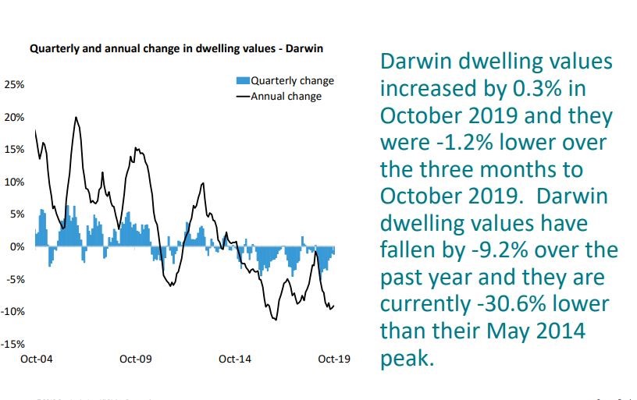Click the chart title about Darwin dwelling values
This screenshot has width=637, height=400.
click(176, 48)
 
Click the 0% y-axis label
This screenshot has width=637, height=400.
click(16, 246)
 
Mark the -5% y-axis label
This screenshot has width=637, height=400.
click(15, 278)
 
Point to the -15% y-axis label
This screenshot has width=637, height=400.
click(13, 343)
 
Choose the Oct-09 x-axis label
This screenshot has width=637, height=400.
click(136, 359)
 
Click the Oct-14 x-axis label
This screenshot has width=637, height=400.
click(235, 359)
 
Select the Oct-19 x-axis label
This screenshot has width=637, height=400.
click(334, 359)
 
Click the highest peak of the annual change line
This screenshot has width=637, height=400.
click(76, 118)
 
